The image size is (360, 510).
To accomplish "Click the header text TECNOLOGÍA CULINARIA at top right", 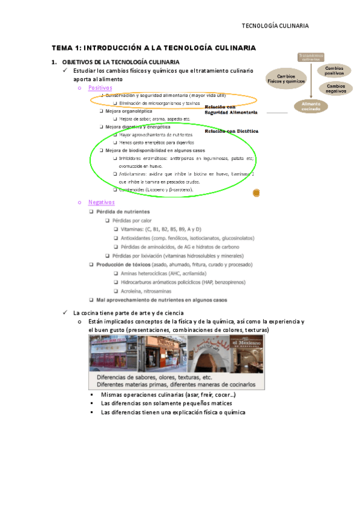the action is pyautogui.click(x=275, y=26).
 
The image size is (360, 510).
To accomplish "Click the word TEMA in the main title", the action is pyautogui.click(x=62, y=48).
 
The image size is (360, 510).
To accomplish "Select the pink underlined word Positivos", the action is pyautogui.click(x=100, y=88).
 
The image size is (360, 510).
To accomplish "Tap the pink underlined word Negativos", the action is pyautogui.click(x=102, y=202).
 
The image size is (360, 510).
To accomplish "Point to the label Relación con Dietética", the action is pyautogui.click(x=231, y=131).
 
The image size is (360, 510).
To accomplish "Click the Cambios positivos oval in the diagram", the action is pyautogui.click(x=334, y=70).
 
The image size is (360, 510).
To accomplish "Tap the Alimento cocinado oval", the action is pyautogui.click(x=311, y=106).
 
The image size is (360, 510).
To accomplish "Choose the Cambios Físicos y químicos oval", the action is pyautogui.click(x=286, y=79).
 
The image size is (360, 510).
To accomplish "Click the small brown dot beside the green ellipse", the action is pyautogui.click(x=255, y=192).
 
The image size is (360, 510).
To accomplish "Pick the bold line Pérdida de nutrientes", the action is pyautogui.click(x=123, y=212).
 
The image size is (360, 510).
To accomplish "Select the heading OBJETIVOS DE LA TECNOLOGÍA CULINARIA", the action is pyautogui.click(x=120, y=63).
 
